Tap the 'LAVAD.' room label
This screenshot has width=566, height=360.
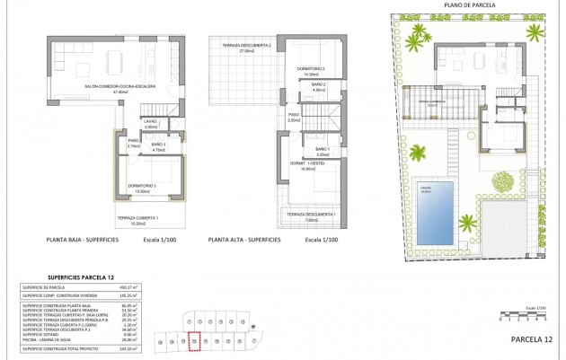pos(150,122)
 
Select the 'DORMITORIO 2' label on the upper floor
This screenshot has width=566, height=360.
pos(312,67)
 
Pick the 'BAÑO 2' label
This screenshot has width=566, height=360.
pos(318,84)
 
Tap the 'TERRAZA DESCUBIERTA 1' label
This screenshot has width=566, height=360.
pos(310,215)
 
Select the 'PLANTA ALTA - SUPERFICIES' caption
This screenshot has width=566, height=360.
pos(247,241)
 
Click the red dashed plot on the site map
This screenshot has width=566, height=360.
pos(192,341)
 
